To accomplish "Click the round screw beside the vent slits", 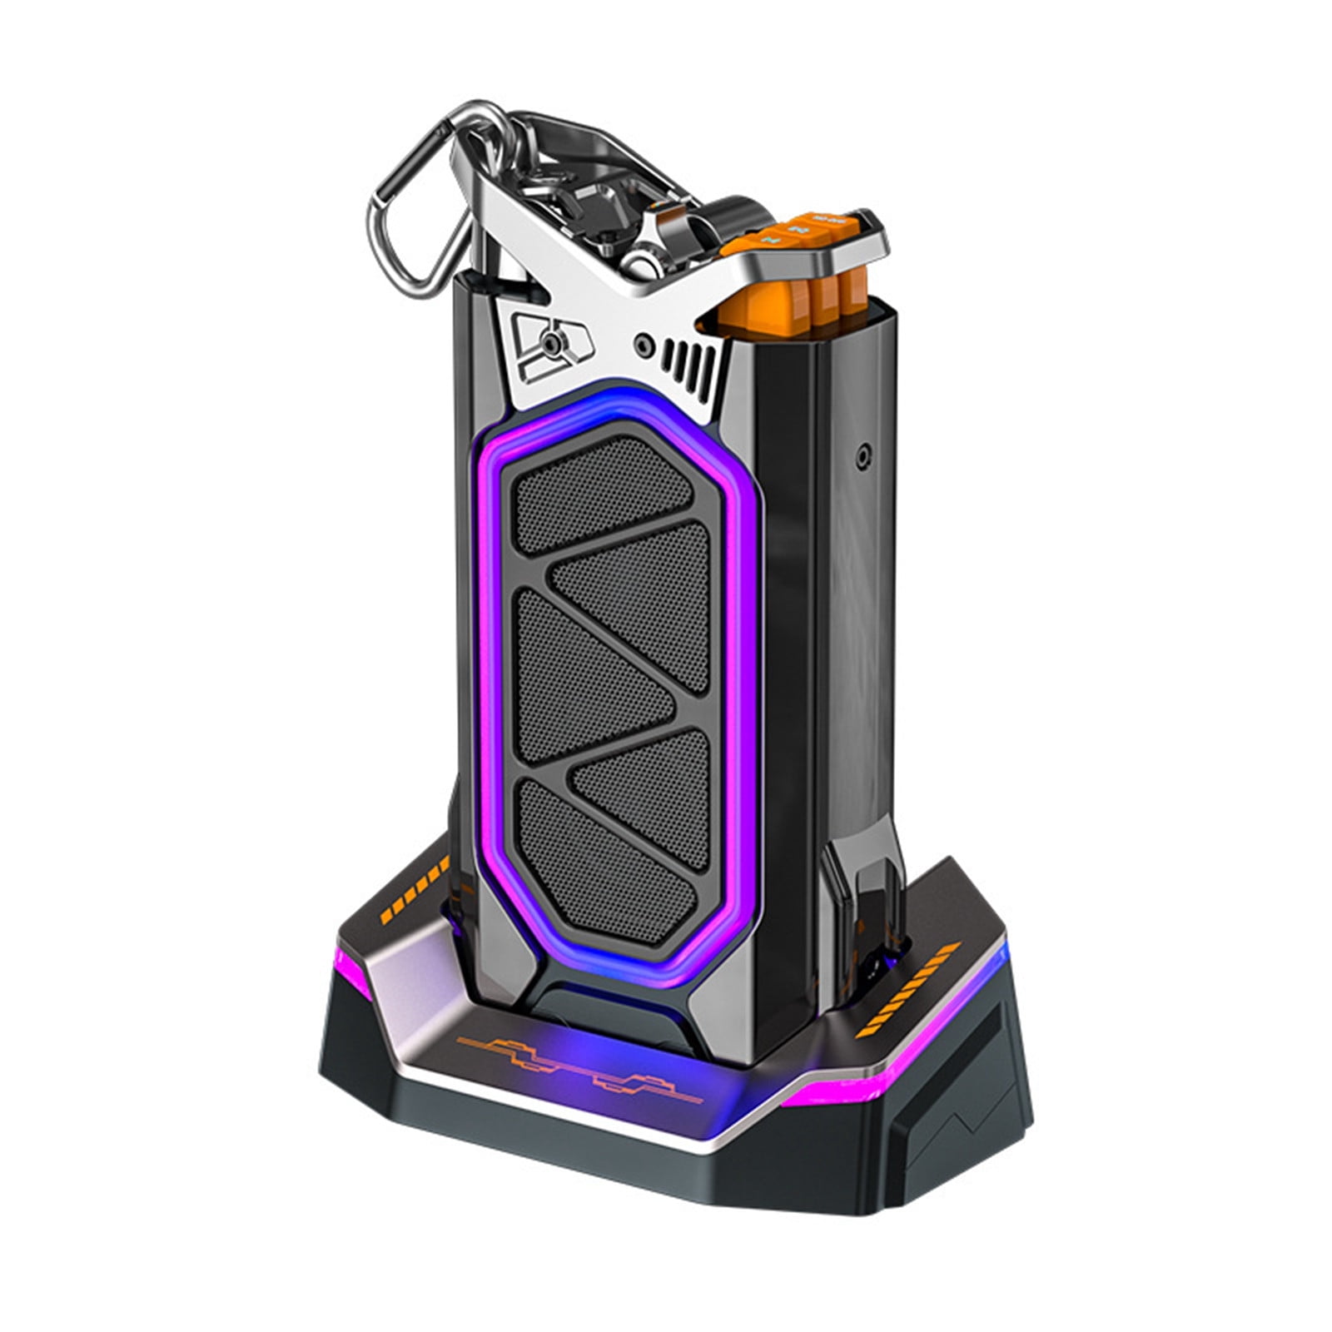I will pyautogui.click(x=643, y=341).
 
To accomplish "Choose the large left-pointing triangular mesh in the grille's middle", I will pyautogui.click(x=595, y=658).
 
